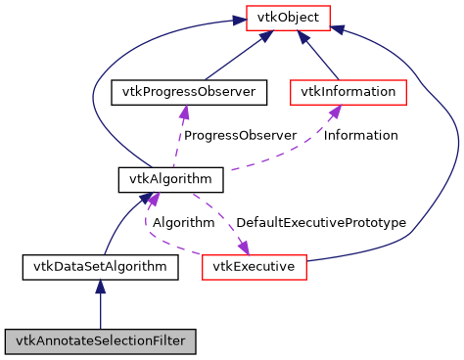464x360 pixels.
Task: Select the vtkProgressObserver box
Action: pyautogui.click(x=189, y=92)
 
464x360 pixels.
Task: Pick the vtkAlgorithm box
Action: pyautogui.click(x=158, y=179)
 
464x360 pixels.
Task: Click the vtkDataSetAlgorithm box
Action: pyautogui.click(x=100, y=266)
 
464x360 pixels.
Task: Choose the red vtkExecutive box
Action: pyautogui.click(x=255, y=266)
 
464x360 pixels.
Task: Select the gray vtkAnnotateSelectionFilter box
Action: pyautogui.click(x=100, y=341)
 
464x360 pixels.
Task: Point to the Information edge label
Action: pyautogui.click(x=361, y=135)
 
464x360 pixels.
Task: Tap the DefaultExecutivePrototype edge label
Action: pyautogui.click(x=321, y=223)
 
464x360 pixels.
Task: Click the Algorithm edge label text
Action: pyautogui.click(x=183, y=223)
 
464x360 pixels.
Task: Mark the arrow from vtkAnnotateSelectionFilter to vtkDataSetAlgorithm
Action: pyautogui.click(x=100, y=308)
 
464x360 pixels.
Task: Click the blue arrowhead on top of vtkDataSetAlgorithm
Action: pyautogui.click(x=100, y=287)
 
